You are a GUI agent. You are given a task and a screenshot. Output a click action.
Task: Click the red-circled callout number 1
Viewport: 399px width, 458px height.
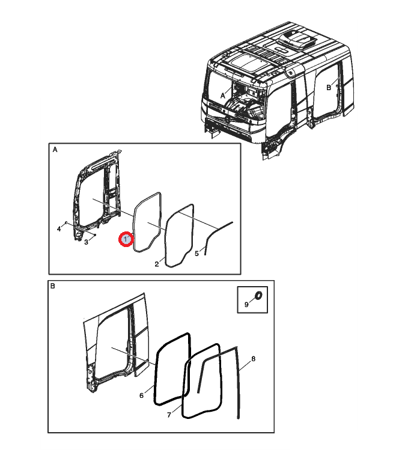(126, 239)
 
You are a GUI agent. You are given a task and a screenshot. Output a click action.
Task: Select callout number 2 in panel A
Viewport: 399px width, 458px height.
(157, 264)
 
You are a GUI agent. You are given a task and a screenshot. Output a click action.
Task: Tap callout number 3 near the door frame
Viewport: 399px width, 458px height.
(86, 242)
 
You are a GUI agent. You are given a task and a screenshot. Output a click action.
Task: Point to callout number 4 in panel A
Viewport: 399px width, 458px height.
(59, 229)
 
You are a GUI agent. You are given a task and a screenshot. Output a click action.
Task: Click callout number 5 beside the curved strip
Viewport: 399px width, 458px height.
(197, 254)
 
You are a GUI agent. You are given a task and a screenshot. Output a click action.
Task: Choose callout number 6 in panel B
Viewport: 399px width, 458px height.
(142, 395)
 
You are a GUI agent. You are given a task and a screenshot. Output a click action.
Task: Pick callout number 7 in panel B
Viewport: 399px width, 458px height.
(169, 415)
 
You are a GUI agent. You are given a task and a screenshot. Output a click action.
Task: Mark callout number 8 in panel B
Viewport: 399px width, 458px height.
(253, 359)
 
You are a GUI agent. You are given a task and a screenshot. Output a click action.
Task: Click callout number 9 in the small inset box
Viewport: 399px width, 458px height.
(246, 305)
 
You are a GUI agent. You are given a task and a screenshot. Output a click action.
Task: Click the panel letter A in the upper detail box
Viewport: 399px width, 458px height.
(55, 150)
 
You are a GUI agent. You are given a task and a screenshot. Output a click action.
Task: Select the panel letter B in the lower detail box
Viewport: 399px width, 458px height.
(53, 286)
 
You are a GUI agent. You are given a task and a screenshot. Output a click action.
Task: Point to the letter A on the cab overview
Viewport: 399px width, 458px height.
(223, 96)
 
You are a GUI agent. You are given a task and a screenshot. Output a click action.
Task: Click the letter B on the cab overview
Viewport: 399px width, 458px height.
(329, 88)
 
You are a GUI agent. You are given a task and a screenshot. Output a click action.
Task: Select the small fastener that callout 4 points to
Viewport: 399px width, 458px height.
(66, 222)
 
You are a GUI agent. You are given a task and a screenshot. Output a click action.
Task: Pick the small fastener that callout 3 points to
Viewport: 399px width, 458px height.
(95, 235)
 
